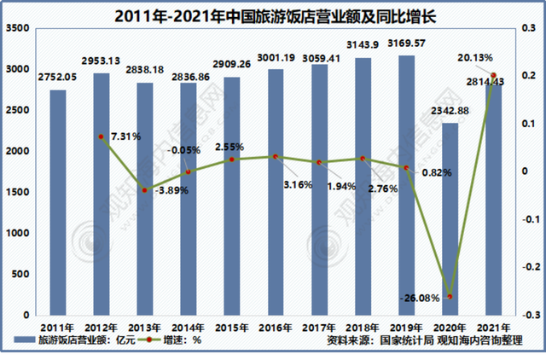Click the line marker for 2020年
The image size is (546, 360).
point(450,296)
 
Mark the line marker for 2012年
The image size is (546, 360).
point(101,136)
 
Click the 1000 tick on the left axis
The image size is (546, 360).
point(19,233)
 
